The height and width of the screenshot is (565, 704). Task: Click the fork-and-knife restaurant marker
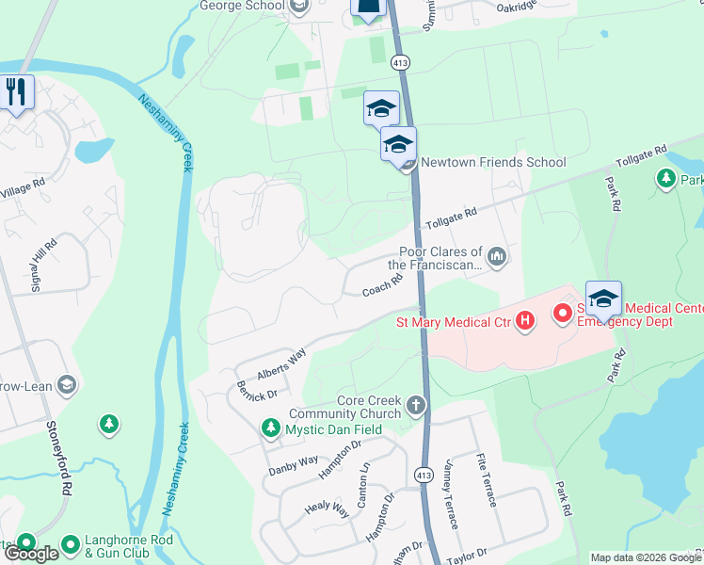point(16,92)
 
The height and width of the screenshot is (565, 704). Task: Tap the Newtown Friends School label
point(492,162)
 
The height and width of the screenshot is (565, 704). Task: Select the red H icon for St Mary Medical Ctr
point(525,323)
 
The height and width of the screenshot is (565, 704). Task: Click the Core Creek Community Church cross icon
point(416,406)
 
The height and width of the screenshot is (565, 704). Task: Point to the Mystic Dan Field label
point(325,429)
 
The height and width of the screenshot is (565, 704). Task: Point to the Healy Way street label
point(327,508)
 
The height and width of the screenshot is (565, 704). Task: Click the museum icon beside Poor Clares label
point(497,257)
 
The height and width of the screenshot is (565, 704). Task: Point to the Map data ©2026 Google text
point(645,557)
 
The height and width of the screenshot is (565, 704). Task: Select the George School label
point(242,6)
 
